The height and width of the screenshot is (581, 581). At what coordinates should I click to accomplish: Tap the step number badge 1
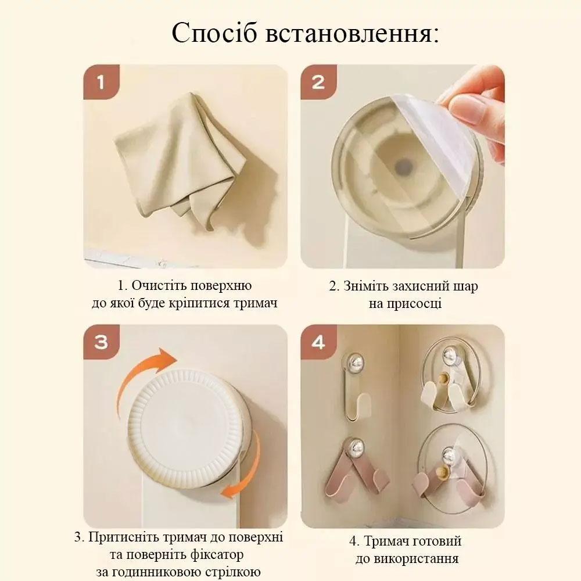[x=101, y=82]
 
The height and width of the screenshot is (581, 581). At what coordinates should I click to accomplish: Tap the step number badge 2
[x=318, y=82]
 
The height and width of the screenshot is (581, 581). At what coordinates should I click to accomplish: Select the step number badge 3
[x=101, y=342]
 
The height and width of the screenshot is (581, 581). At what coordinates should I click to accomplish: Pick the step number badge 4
[x=318, y=342]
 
